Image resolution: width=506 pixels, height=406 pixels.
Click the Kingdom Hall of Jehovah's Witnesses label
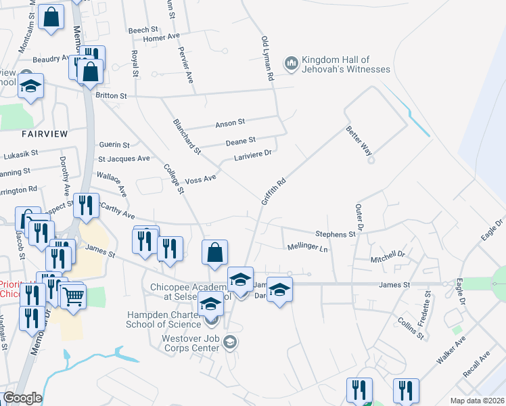point(346,64)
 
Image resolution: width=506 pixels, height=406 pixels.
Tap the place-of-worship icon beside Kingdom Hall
point(292,63)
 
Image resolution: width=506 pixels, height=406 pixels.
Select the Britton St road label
point(112,96)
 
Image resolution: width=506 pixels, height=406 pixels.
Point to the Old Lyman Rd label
point(267,59)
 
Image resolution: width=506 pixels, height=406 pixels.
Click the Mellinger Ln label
point(307,248)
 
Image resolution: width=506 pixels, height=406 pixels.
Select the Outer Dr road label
point(359,217)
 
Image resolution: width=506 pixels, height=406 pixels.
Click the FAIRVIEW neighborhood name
point(44,134)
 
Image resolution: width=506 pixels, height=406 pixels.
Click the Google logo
point(22,398)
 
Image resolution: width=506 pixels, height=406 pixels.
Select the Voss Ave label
point(200,179)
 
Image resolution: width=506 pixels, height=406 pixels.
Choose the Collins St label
point(411,328)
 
